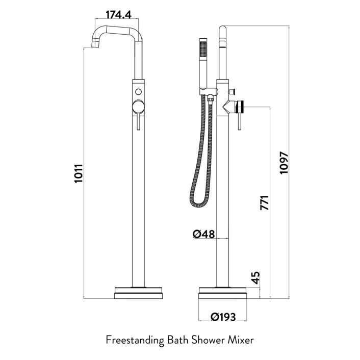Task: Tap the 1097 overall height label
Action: (x=284, y=163)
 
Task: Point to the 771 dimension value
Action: (x=264, y=202)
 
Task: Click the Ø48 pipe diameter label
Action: (x=203, y=234)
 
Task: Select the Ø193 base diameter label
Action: (x=223, y=317)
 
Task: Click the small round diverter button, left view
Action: (x=138, y=92)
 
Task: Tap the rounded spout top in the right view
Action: (x=223, y=32)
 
